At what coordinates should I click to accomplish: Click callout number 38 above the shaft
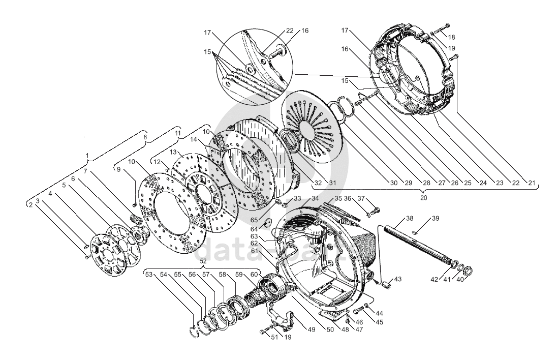tap(409, 218)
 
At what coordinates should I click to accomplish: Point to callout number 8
tap(145, 136)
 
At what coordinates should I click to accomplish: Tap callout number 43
tap(397, 279)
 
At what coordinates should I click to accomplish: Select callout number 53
tap(149, 275)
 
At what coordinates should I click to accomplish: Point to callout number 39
tap(436, 218)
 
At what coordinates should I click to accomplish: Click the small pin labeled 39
tap(416, 232)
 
